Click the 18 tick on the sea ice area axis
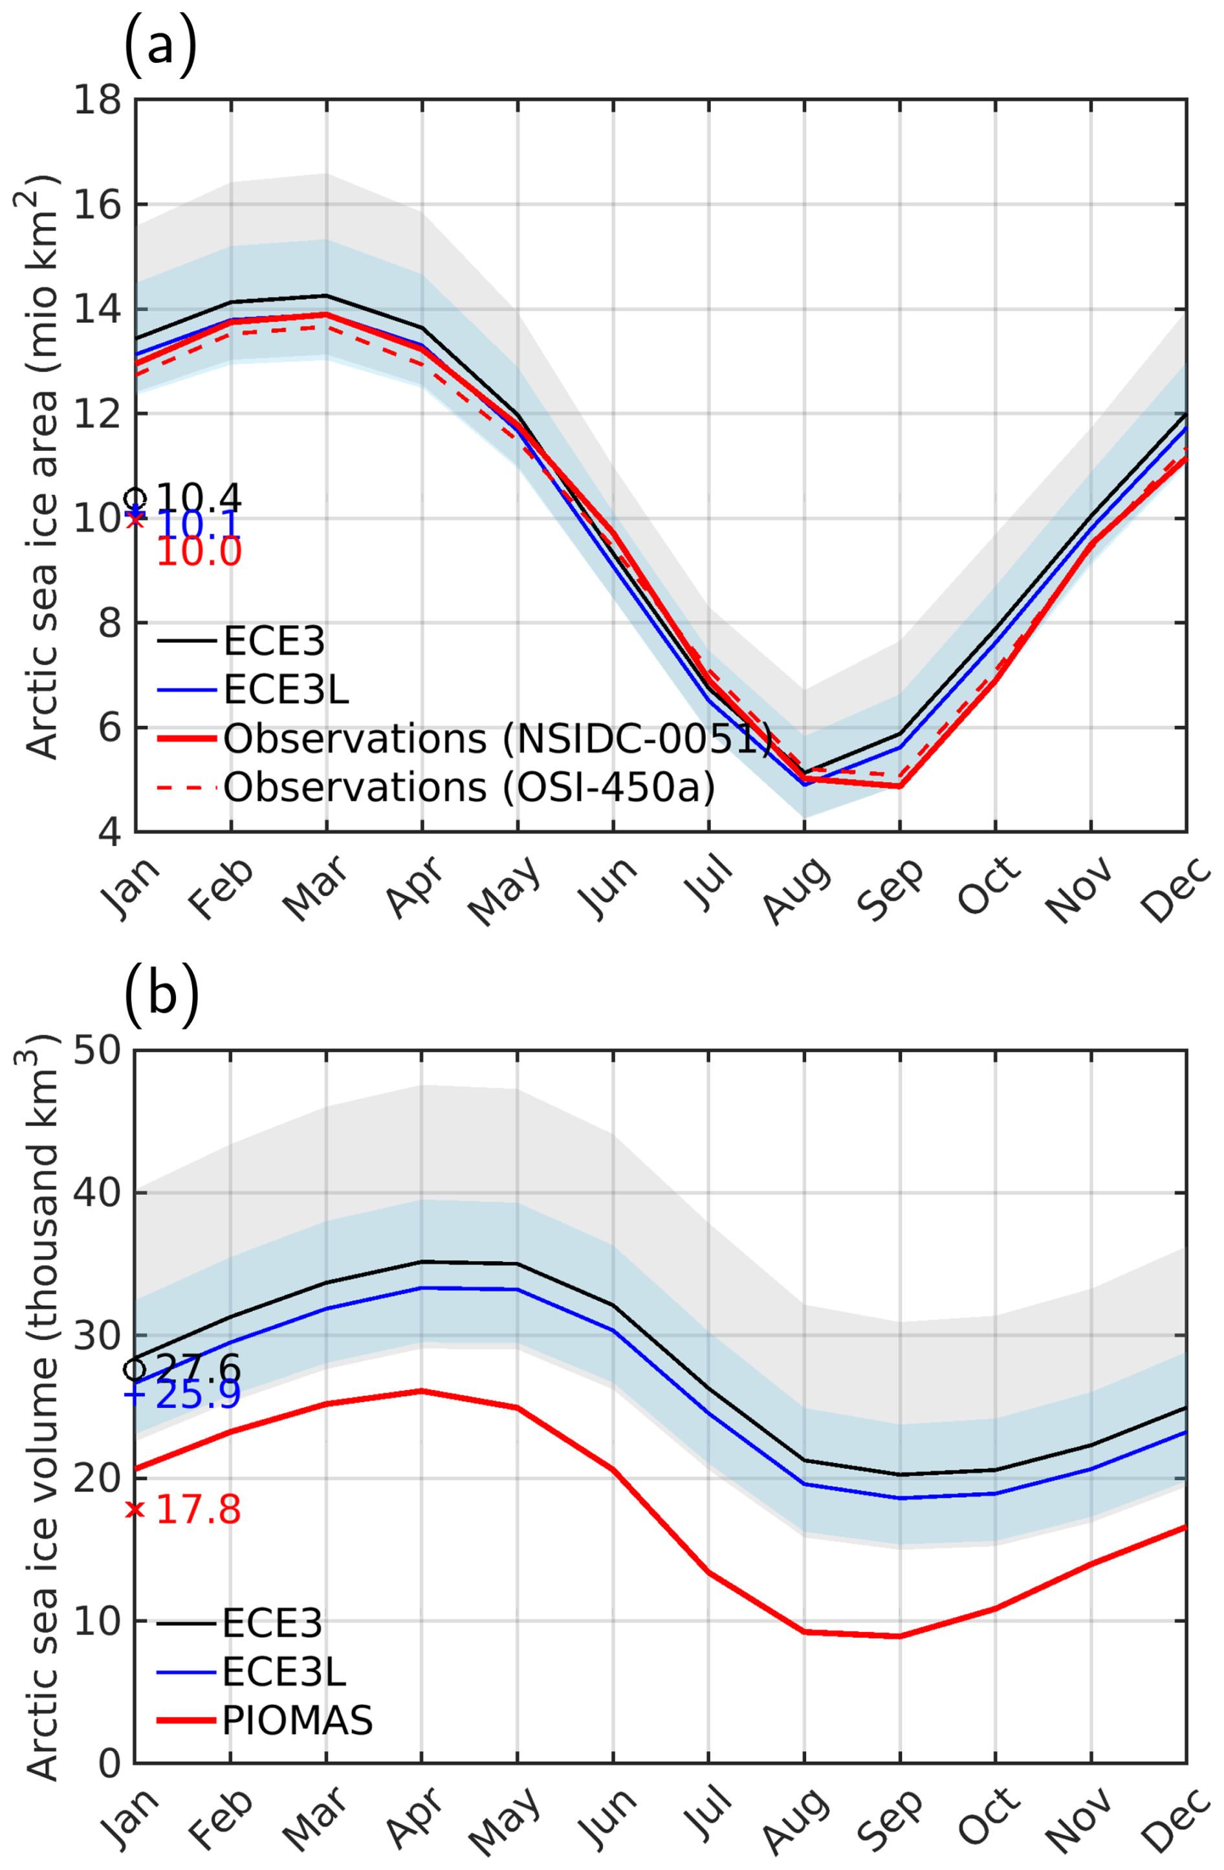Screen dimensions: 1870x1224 (x=98, y=100)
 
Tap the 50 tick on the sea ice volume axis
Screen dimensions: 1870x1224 (x=98, y=1051)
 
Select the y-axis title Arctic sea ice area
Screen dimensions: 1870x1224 (x=44, y=467)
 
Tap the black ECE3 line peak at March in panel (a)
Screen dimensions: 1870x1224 (x=326, y=296)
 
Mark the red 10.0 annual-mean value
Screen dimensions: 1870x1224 (x=199, y=551)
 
